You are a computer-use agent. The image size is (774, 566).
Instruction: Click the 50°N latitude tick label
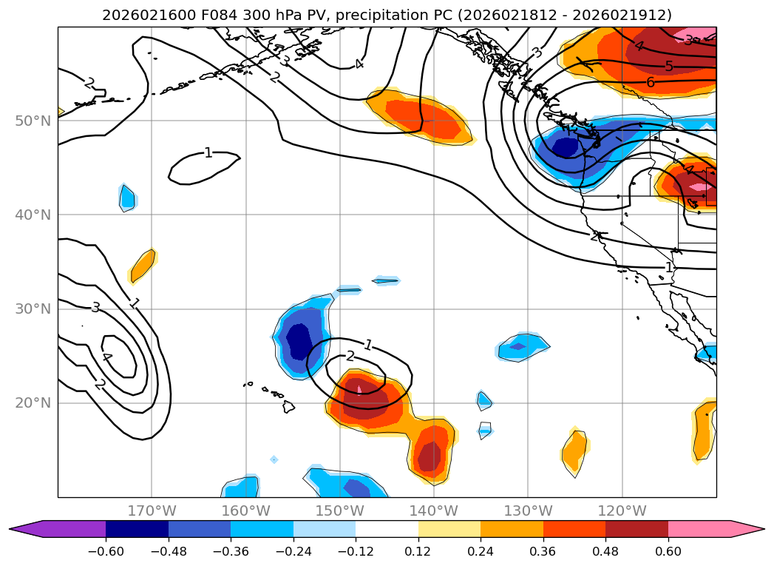[33, 121]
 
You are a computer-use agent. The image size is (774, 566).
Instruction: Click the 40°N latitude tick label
[33, 215]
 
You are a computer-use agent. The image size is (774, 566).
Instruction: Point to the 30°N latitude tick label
[33, 309]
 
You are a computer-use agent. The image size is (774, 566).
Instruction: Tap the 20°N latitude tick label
[33, 402]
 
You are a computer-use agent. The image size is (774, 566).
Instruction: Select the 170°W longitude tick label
[152, 511]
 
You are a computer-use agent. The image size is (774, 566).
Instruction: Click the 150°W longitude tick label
[339, 511]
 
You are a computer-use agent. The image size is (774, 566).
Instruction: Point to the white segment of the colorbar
[387, 528]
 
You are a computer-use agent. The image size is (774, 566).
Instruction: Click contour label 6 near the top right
[651, 82]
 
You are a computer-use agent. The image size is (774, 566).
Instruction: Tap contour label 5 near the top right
[669, 67]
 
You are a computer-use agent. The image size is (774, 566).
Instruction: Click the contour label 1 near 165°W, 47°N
[208, 153]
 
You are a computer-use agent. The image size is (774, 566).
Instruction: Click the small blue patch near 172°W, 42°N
[127, 197]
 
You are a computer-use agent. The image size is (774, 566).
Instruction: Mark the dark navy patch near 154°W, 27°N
[299, 340]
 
